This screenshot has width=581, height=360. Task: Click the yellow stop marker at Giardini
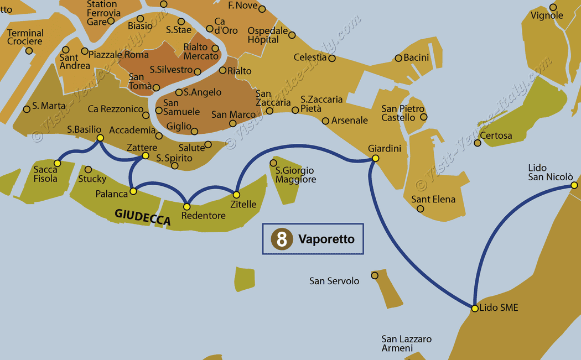coord(375,159)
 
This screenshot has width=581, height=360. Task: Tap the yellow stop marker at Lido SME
coord(475,308)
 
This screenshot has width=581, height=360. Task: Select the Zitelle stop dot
coord(236,195)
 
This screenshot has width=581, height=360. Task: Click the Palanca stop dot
coord(133,192)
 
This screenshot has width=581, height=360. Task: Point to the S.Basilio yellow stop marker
coord(100,138)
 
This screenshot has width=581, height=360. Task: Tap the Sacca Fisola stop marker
coord(57,163)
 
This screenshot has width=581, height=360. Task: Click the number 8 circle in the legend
coord(282,239)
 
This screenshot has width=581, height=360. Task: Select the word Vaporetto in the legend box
coord(326,239)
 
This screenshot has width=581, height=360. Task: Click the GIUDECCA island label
coord(142,217)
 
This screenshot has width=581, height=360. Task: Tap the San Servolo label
coord(334,281)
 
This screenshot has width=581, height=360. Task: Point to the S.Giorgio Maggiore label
coord(295,175)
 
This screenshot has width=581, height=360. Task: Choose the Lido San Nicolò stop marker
coord(574,185)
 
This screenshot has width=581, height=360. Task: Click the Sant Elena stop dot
coord(421,209)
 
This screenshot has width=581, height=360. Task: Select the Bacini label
coord(416,58)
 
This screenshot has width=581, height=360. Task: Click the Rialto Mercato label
coord(201,51)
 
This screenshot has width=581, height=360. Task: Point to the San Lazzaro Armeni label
coord(406,343)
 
